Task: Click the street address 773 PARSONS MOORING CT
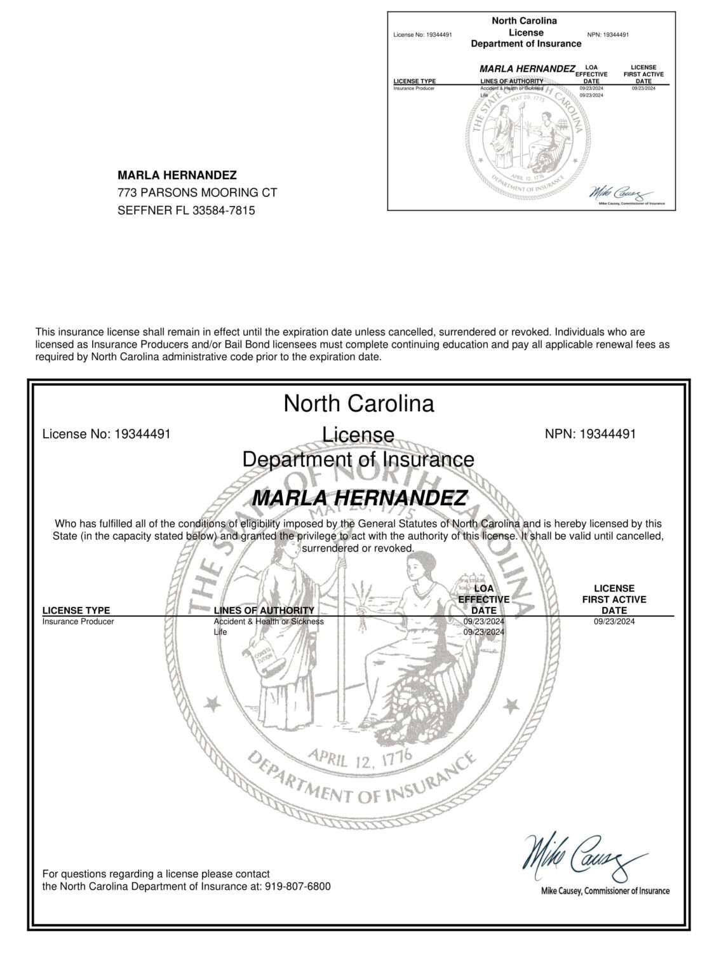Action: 198,193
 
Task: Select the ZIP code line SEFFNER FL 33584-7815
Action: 186,210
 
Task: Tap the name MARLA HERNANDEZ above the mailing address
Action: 177,175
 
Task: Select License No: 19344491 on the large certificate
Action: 106,435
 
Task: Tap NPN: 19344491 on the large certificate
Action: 590,434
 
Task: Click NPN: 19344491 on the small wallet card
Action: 608,34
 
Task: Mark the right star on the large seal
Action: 509,704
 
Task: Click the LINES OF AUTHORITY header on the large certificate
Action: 264,611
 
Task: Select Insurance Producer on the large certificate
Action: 78,621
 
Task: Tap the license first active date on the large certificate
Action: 614,621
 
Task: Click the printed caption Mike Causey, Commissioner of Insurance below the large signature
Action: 605,891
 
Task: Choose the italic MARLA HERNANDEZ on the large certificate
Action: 359,498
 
